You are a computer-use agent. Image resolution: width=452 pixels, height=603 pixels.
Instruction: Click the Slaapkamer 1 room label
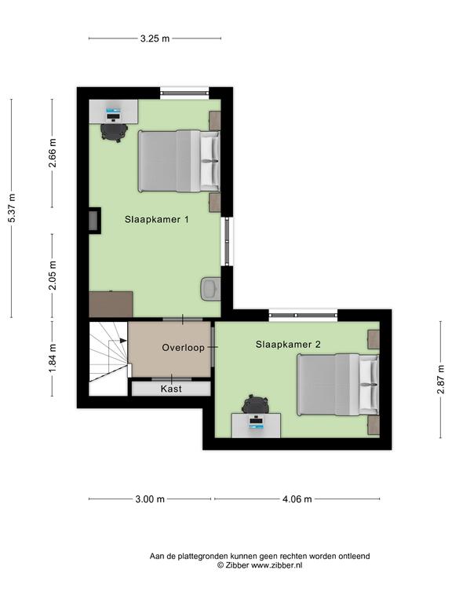point(156,220)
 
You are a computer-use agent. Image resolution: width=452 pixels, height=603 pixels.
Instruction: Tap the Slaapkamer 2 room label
point(288,345)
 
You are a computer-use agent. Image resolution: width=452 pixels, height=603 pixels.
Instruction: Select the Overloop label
point(183,348)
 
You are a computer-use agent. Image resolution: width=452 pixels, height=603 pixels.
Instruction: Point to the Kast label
point(171,389)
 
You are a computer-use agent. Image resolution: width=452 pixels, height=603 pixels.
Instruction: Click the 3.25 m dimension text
point(155,38)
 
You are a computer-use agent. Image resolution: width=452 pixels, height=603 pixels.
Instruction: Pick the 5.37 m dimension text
point(12,208)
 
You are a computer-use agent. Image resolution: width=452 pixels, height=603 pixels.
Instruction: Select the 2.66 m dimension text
point(53,152)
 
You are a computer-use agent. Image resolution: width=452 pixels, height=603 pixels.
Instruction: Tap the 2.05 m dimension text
point(53,276)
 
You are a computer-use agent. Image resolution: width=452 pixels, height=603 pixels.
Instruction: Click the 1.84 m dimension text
point(53,358)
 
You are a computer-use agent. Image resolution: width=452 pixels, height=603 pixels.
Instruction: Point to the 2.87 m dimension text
point(440,380)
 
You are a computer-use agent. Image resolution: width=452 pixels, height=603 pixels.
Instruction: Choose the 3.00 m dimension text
point(150,499)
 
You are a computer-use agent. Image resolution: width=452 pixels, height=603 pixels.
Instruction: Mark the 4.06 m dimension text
point(297,499)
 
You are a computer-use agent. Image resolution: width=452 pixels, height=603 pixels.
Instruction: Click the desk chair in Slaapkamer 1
point(114,132)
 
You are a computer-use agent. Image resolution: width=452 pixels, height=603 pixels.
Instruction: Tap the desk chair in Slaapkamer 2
point(256,404)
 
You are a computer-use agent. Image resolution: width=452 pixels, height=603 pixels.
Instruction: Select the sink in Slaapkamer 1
point(210,288)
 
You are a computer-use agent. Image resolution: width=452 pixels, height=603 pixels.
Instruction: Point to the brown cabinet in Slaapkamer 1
point(111,304)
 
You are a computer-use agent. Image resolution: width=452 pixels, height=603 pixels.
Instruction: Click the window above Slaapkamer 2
point(303,316)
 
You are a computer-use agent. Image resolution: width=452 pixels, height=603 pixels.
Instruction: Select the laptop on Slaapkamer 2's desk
point(257,422)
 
